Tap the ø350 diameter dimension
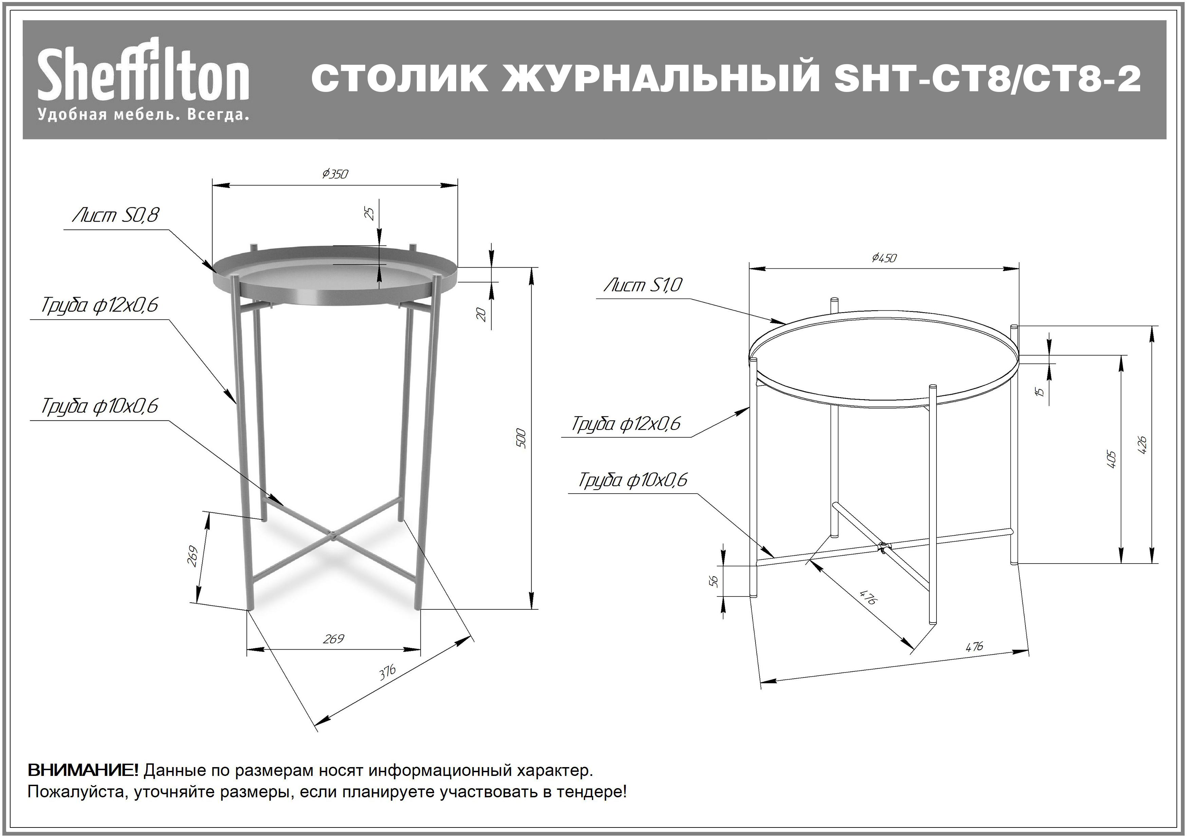[335, 174]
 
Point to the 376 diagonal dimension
[387, 672]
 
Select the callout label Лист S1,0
[643, 285]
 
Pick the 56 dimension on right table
[714, 581]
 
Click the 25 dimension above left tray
[370, 213]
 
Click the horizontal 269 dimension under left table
[333, 639]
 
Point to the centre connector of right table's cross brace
[883, 546]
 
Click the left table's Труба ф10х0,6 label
[100, 406]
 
